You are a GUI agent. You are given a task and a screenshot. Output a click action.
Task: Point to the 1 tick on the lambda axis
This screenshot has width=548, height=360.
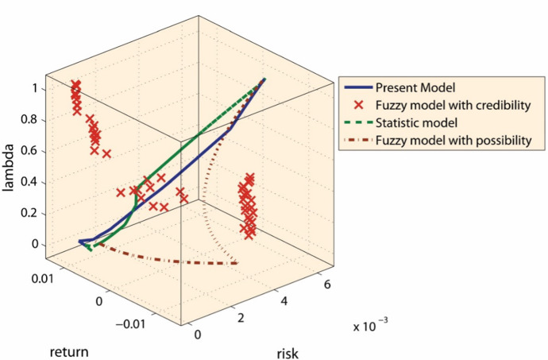34,89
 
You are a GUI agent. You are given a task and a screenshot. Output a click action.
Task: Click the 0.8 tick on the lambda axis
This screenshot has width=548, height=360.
29,120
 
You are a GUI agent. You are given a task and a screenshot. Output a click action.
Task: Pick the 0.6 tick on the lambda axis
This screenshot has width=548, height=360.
29,151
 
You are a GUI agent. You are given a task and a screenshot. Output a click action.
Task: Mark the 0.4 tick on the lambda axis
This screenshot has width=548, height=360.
29,182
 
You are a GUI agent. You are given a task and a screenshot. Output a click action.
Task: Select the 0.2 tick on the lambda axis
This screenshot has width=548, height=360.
29,213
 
